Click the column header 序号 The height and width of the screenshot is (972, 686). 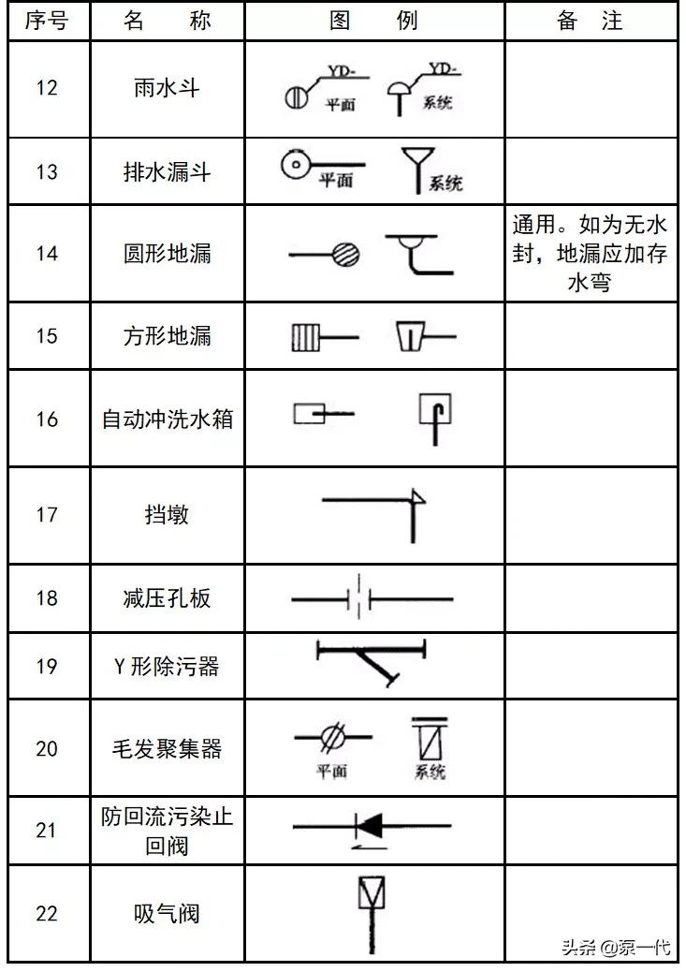tap(46, 21)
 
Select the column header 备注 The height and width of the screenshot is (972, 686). tap(590, 21)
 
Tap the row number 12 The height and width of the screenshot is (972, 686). tap(46, 88)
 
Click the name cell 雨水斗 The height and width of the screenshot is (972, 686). tap(167, 88)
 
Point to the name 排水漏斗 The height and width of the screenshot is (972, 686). tap(167, 171)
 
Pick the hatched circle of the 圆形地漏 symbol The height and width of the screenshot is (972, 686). tap(344, 254)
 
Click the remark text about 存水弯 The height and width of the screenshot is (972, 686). tap(590, 254)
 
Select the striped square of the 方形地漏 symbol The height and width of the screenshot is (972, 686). tap(305, 336)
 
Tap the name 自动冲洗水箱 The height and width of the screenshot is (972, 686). tap(167, 419)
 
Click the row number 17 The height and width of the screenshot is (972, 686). tap(46, 514)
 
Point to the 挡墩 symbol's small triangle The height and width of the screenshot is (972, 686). tap(417, 497)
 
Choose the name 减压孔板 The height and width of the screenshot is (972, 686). tap(167, 597)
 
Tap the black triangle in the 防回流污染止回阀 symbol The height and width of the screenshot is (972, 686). tap(371, 826)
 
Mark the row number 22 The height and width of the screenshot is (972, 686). tap(46, 913)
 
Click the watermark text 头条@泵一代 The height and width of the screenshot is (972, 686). tap(616, 947)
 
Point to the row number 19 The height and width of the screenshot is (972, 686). tap(46, 666)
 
